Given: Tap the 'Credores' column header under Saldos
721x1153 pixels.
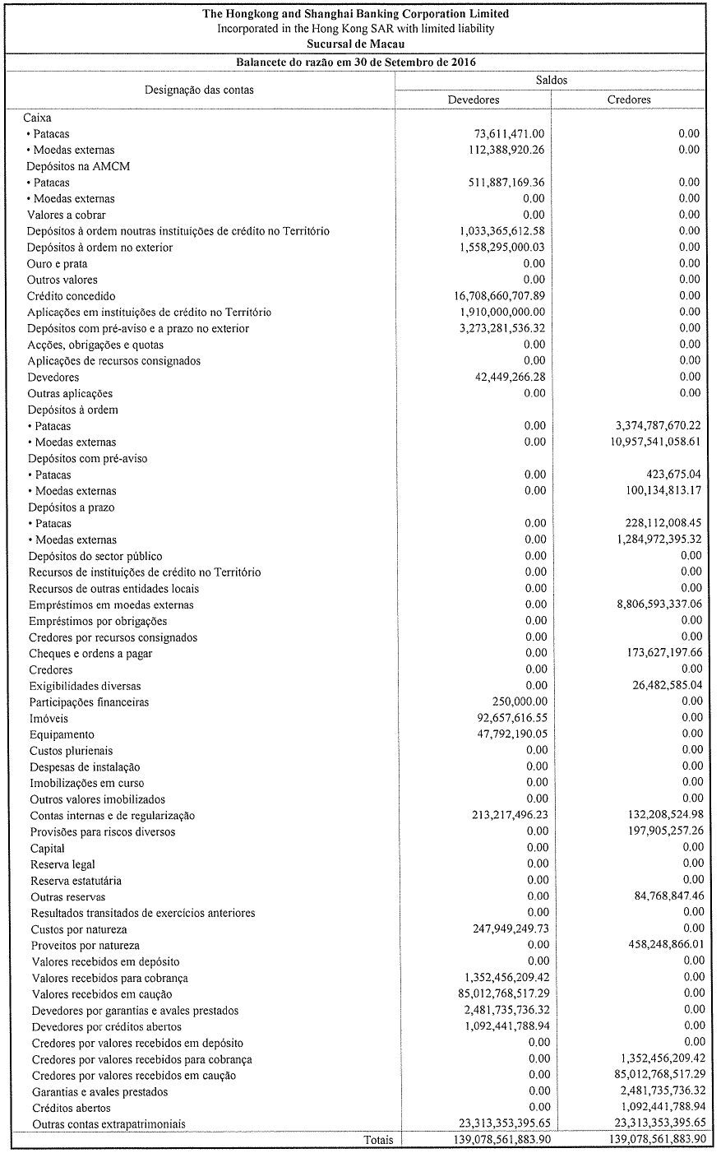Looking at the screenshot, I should coord(629,100).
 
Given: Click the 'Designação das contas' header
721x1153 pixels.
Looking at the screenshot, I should coord(200,90).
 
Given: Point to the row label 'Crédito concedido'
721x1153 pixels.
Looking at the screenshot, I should coord(72,296).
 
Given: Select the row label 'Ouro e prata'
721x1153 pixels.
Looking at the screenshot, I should coord(58,264).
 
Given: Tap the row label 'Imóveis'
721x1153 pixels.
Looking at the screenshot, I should coord(49,718).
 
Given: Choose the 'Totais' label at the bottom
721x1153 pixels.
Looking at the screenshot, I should coord(378,1140).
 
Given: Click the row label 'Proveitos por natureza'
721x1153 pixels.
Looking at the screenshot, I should coord(86,946).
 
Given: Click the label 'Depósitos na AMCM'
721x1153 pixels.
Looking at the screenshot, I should coord(79,166).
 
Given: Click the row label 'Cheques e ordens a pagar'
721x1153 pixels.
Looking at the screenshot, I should coord(91,654).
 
